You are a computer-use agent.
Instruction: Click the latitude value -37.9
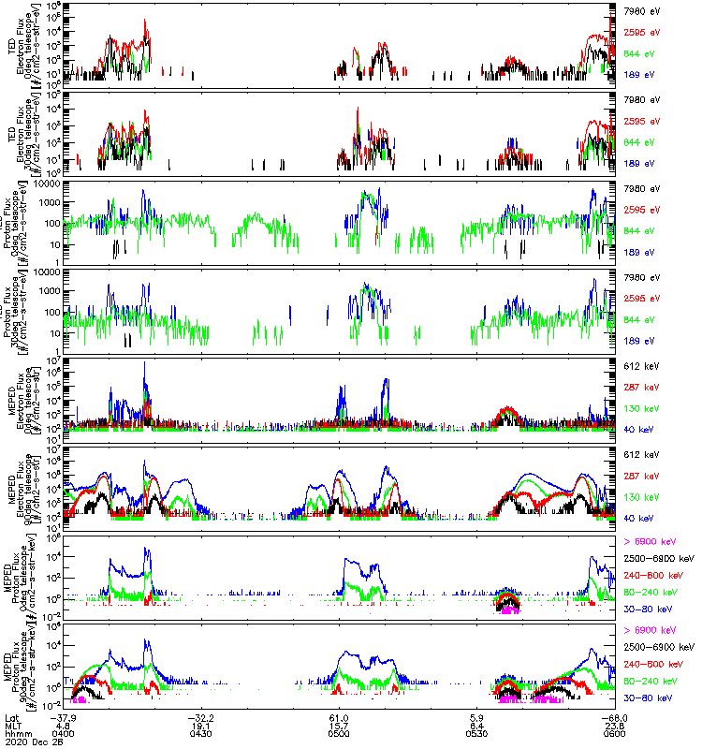point(66,715)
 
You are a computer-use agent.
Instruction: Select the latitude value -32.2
point(202,715)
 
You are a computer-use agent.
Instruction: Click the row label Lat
point(10,715)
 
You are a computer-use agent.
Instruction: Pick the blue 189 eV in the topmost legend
point(638,73)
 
